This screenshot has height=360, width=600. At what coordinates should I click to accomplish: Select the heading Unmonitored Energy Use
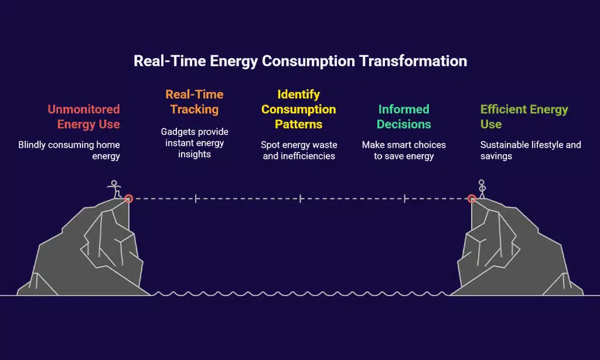(84, 117)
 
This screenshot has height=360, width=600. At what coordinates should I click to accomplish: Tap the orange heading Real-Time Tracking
(195, 102)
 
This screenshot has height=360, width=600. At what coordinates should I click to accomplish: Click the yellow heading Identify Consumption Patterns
(298, 109)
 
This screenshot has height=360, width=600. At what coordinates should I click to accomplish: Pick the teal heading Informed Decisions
(404, 117)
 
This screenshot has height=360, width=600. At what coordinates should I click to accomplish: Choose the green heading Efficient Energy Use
(524, 117)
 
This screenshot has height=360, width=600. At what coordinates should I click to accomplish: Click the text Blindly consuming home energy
(69, 151)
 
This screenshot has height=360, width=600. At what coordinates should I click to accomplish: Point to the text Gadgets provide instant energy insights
(195, 143)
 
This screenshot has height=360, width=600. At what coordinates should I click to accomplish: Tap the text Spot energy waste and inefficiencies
(299, 151)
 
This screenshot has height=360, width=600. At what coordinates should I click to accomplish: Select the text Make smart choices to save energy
(404, 151)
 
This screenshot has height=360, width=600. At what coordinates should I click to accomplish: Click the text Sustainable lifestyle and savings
(530, 151)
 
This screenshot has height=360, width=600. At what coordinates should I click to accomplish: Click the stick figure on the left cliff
(114, 189)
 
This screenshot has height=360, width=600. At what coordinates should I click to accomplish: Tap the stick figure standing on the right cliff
(482, 189)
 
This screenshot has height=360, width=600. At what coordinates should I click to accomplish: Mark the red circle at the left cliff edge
(128, 198)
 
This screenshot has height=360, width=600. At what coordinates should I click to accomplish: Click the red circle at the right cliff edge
(472, 198)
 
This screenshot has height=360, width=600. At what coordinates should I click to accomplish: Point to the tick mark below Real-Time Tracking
(196, 198)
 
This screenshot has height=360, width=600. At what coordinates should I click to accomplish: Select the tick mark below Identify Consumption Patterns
(301, 198)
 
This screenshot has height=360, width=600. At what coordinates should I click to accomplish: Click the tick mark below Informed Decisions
(405, 198)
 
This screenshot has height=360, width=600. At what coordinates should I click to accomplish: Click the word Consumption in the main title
(308, 62)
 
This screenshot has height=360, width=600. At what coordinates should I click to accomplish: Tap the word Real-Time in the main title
(170, 62)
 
